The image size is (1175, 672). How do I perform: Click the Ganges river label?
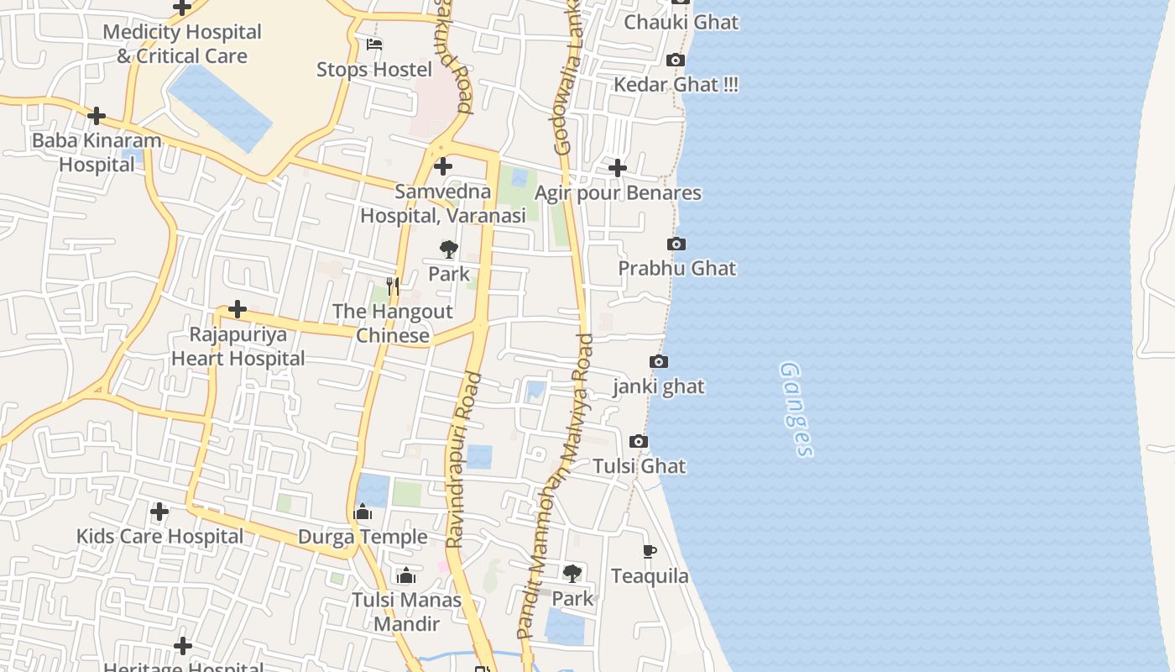[x=796, y=409]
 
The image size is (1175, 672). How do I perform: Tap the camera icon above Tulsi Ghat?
[x=638, y=442]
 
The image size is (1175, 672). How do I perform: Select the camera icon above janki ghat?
[x=659, y=362]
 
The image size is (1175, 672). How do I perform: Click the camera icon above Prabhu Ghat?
[x=676, y=244]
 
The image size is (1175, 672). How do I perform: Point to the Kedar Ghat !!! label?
[x=676, y=85]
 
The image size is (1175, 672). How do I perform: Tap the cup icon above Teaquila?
[x=649, y=552]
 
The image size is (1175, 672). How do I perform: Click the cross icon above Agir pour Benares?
[x=618, y=168]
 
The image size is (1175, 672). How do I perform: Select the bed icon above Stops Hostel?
[x=374, y=45]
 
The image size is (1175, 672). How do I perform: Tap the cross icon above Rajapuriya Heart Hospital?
[x=238, y=309]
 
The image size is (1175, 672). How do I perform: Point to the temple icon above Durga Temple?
[x=363, y=512]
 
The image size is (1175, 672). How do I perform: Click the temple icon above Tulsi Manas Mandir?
[x=406, y=575]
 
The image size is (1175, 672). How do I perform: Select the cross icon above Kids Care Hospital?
[x=159, y=511]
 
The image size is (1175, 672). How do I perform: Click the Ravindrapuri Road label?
[x=463, y=460]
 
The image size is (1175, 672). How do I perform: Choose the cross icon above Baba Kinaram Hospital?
[x=97, y=116]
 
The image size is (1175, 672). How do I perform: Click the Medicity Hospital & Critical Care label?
[x=182, y=45]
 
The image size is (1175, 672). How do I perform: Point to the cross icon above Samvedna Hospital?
[x=442, y=166]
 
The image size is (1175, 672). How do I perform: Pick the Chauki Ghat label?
[x=681, y=23]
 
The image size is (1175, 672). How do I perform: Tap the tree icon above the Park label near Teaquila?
[x=572, y=574]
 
